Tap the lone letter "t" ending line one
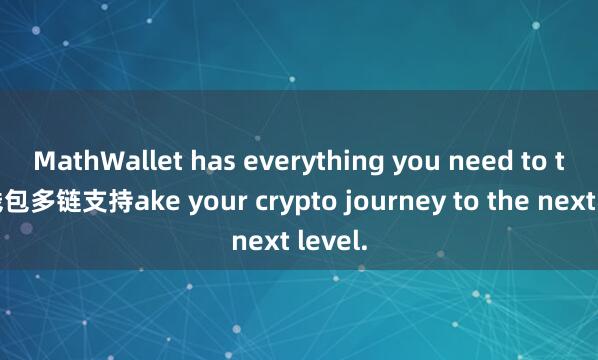click(x=548, y=159)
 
